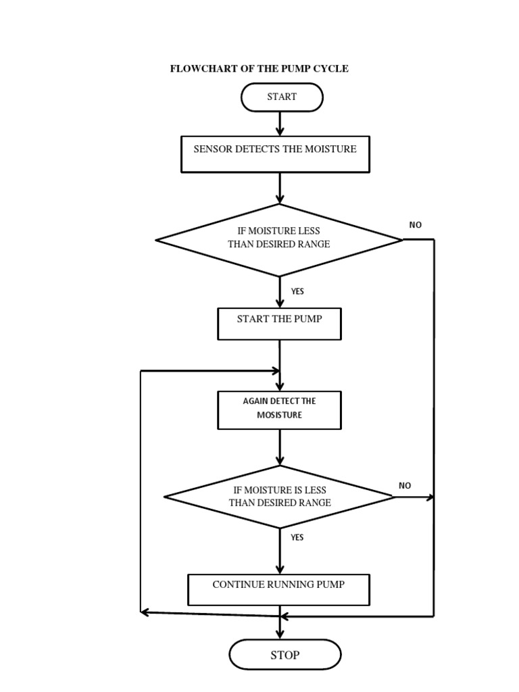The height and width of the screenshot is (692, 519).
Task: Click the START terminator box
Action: point(282,97)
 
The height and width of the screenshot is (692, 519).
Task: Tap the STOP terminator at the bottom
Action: point(285,655)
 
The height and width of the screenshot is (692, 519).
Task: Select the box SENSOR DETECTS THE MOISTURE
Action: point(275,153)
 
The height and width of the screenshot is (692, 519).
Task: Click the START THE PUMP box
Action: point(279,324)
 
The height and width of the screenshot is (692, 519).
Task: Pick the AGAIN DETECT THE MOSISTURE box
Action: point(279,410)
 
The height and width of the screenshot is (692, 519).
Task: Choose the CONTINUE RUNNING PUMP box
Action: point(278,589)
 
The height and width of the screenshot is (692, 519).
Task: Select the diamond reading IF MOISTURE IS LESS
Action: point(279,497)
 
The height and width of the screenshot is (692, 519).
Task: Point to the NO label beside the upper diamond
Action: point(415,225)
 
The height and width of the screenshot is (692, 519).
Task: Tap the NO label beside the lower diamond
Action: point(404,485)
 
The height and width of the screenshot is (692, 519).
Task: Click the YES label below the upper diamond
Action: point(297,291)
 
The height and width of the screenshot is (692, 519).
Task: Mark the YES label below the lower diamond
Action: point(297,537)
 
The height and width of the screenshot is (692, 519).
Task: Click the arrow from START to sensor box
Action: point(280,123)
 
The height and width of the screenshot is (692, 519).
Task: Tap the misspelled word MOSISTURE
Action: point(279,415)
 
